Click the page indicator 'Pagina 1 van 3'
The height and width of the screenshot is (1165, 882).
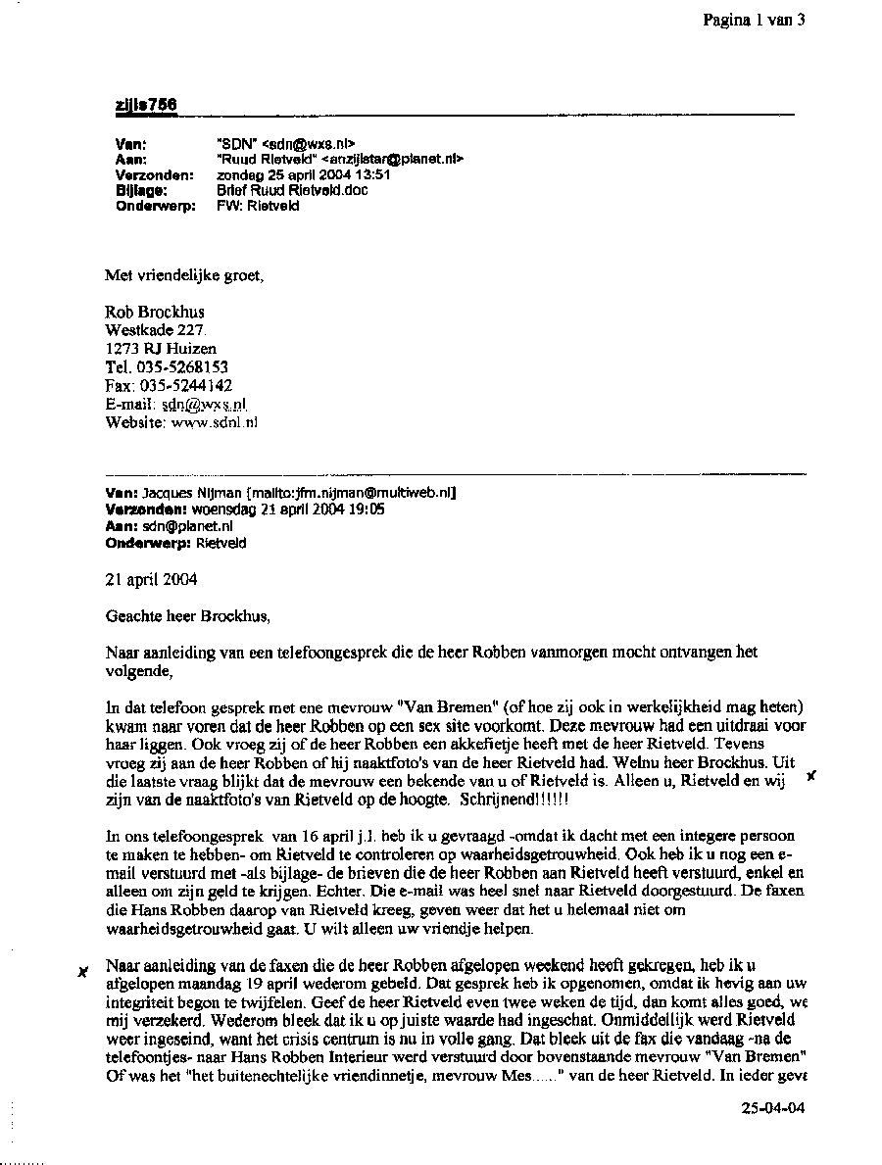(x=753, y=20)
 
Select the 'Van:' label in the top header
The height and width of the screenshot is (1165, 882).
(x=130, y=143)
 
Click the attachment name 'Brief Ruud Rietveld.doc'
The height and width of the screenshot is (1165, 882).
(x=292, y=190)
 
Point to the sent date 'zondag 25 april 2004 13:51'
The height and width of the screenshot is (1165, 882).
(x=303, y=174)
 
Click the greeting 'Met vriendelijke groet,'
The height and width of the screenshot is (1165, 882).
(x=184, y=275)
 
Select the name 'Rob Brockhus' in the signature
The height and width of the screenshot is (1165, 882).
(x=155, y=313)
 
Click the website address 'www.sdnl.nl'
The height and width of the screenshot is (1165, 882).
(x=215, y=422)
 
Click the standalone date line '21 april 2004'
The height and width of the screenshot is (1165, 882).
(x=151, y=579)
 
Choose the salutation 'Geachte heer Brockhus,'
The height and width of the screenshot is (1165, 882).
(x=186, y=616)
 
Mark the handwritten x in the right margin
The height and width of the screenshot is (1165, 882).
(x=809, y=776)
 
